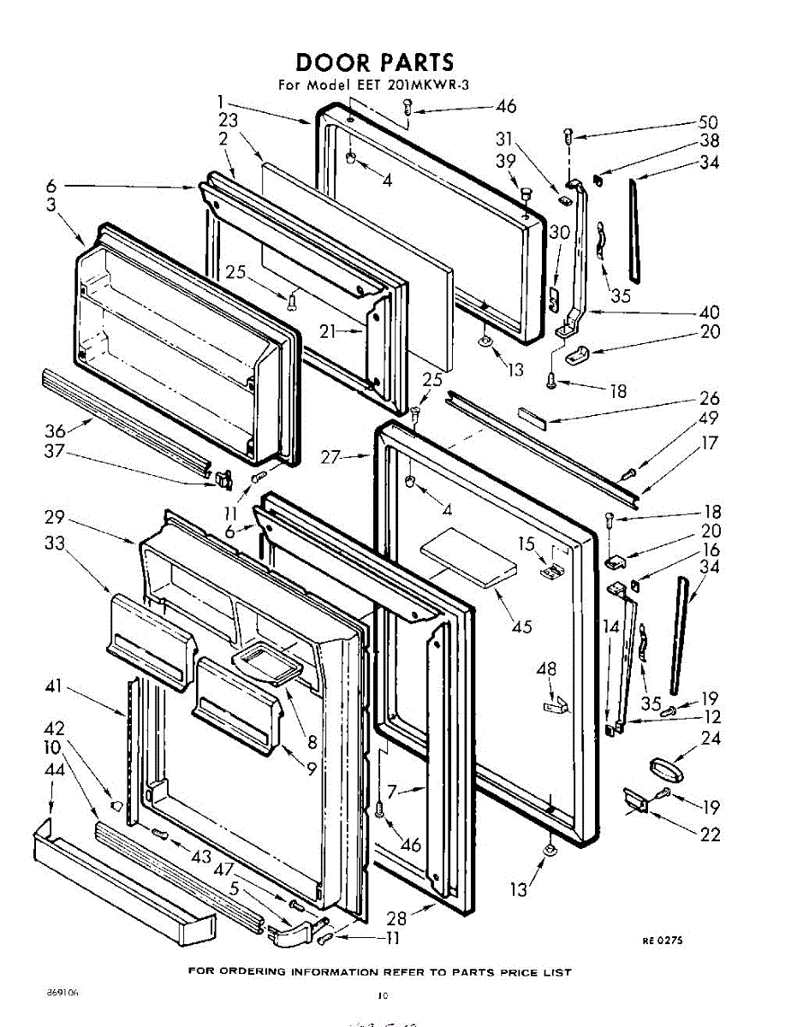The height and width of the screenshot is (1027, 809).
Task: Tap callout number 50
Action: click(x=708, y=122)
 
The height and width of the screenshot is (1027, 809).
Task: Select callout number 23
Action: click(x=228, y=121)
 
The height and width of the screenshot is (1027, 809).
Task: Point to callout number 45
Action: click(x=520, y=626)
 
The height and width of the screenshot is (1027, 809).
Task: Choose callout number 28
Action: click(x=396, y=918)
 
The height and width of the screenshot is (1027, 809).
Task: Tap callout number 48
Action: click(x=546, y=668)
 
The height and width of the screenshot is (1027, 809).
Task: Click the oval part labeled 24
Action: click(x=663, y=765)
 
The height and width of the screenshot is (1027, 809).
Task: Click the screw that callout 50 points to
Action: click(x=568, y=134)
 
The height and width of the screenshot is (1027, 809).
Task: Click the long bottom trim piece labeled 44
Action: click(x=120, y=882)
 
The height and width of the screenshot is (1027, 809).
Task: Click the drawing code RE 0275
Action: click(x=663, y=941)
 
